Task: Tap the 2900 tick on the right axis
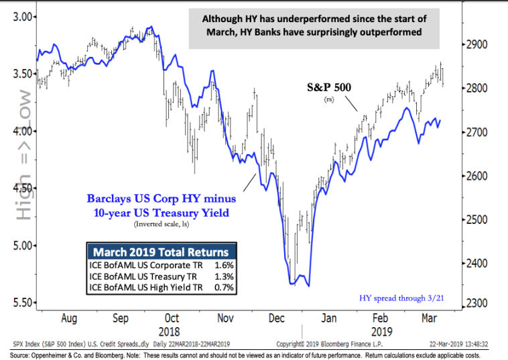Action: pyautogui.click(x=476, y=46)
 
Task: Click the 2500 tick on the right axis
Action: pyautogui.click(x=476, y=220)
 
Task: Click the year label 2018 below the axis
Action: pyautogui.click(x=171, y=332)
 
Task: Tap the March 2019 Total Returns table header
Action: pyautogui.click(x=160, y=253)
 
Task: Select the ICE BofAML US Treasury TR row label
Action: pyautogui.click(x=137, y=277)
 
